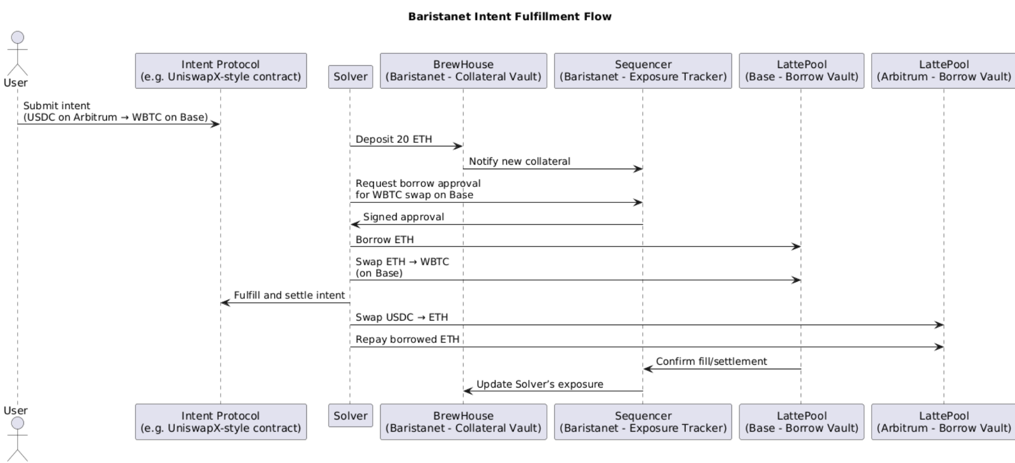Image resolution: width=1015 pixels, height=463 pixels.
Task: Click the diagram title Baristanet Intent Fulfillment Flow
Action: (510, 17)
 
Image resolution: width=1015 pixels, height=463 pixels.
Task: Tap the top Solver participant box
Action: (350, 77)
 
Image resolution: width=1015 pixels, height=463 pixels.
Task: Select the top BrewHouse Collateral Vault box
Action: (463, 71)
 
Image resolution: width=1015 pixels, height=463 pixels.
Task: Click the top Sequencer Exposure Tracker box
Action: (643, 71)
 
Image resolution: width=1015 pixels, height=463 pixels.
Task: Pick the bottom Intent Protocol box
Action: (221, 422)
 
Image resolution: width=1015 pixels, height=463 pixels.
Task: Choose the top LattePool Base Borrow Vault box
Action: (802, 71)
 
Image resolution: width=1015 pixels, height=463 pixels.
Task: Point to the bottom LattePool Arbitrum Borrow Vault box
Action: (944, 422)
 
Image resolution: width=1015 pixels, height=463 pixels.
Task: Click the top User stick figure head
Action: (18, 38)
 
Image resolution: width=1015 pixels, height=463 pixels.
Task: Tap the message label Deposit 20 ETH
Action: (394, 139)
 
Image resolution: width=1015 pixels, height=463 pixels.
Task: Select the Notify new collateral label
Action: (520, 162)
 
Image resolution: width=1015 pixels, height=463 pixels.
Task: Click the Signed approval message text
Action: (403, 217)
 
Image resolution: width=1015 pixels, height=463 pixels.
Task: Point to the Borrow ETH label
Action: (385, 240)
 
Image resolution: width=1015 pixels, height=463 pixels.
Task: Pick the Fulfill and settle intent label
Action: (289, 296)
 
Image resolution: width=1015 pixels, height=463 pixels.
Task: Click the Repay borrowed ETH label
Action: (407, 340)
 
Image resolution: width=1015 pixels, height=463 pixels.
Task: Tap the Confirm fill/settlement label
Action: (712, 361)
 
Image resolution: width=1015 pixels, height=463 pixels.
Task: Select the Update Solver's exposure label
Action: (540, 384)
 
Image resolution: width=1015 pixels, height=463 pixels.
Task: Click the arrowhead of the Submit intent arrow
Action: (216, 124)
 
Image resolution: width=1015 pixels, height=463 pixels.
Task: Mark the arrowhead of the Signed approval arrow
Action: (354, 225)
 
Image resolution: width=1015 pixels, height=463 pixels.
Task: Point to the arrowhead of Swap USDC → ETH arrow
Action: (939, 325)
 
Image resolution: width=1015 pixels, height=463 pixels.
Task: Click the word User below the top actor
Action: (15, 83)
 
